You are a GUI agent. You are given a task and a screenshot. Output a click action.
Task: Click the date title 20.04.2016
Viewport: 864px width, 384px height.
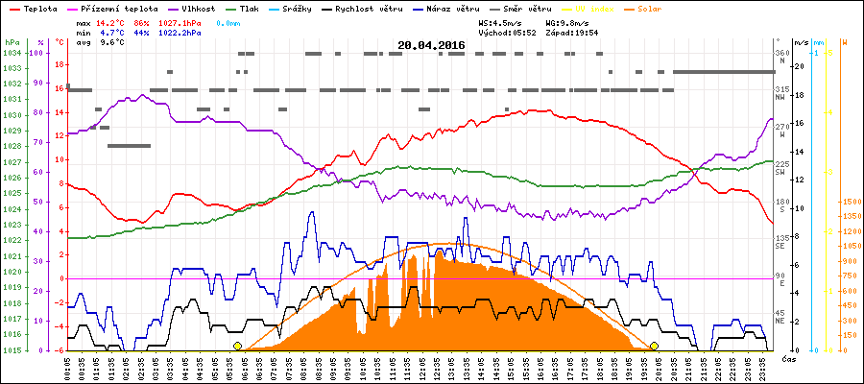(x=431, y=45)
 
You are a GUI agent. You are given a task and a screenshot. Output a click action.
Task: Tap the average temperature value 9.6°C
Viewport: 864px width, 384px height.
(x=114, y=42)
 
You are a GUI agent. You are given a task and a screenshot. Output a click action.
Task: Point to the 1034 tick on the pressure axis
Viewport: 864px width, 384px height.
(x=11, y=53)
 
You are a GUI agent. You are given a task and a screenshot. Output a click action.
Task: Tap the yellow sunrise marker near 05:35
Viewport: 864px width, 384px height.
(x=238, y=346)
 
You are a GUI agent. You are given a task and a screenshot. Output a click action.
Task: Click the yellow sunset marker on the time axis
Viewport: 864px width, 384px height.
(x=654, y=346)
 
